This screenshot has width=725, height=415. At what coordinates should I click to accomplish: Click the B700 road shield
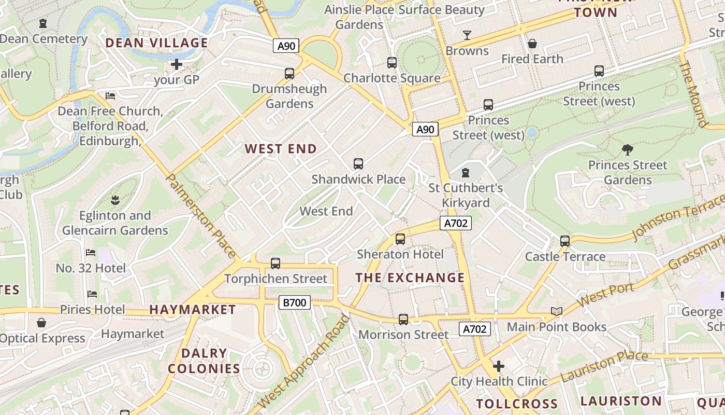[295, 302]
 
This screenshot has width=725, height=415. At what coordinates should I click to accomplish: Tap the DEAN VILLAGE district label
[157, 43]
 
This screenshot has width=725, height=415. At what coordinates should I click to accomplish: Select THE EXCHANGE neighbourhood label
[410, 278]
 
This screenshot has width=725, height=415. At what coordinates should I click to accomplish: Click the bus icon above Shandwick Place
[358, 164]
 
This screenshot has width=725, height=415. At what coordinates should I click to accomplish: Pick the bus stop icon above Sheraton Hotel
[400, 239]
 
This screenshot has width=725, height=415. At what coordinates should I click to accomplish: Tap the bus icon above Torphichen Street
[275, 264]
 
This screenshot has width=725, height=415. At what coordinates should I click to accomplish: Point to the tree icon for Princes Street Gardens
[628, 150]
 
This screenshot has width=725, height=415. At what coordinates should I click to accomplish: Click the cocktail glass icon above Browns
[467, 35]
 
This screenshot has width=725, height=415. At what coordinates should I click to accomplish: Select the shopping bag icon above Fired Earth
[532, 44]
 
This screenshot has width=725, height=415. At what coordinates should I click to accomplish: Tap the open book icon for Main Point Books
[557, 311]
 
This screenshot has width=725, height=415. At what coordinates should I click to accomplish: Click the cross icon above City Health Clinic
[499, 366]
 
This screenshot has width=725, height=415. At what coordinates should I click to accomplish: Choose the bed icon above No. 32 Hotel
[91, 253]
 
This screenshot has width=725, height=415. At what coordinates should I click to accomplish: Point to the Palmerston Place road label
[201, 216]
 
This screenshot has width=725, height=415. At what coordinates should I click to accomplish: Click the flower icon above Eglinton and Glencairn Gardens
[114, 200]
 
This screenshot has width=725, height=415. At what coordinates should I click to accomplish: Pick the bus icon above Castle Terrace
[565, 241]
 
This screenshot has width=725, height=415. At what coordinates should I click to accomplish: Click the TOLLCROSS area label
[517, 404]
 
